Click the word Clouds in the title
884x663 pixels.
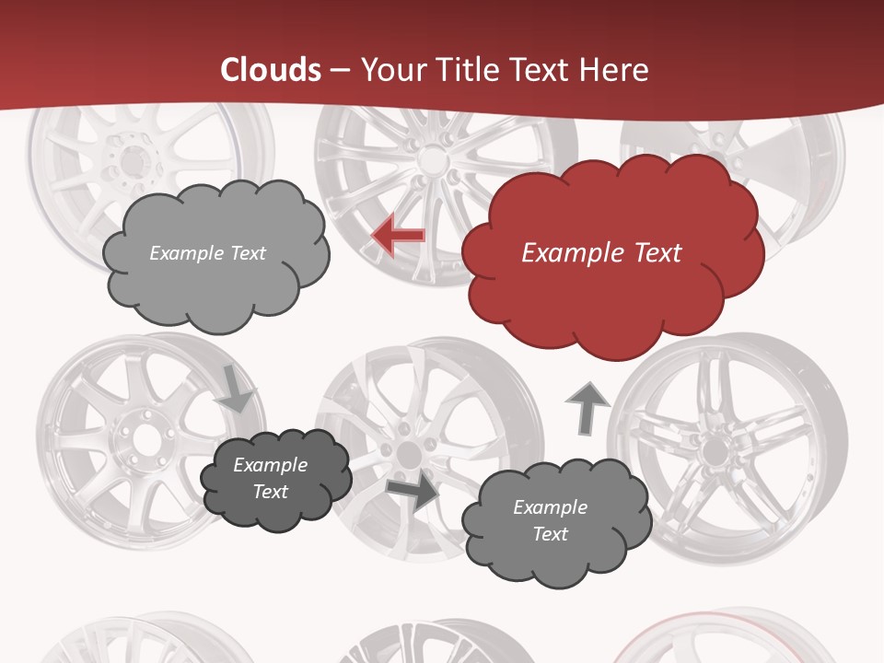click(x=271, y=70)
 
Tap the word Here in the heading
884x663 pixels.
click(x=617, y=70)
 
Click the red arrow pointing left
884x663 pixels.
click(x=398, y=236)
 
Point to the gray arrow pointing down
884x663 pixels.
click(x=236, y=389)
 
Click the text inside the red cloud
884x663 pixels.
click(x=601, y=252)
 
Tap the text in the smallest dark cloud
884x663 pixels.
click(x=270, y=478)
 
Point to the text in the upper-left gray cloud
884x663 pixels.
click(x=207, y=252)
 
